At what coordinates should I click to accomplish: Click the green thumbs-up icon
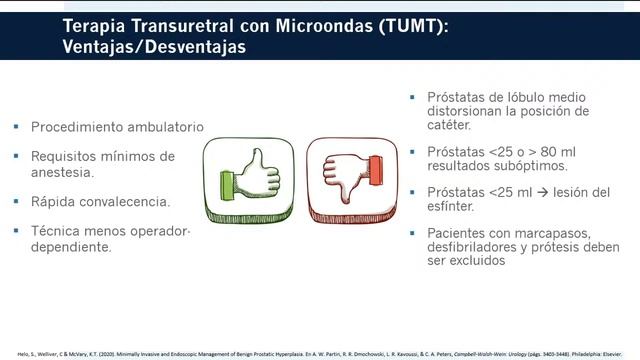249,179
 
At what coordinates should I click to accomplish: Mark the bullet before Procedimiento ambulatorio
16,129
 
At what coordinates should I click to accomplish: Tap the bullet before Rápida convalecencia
16,202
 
